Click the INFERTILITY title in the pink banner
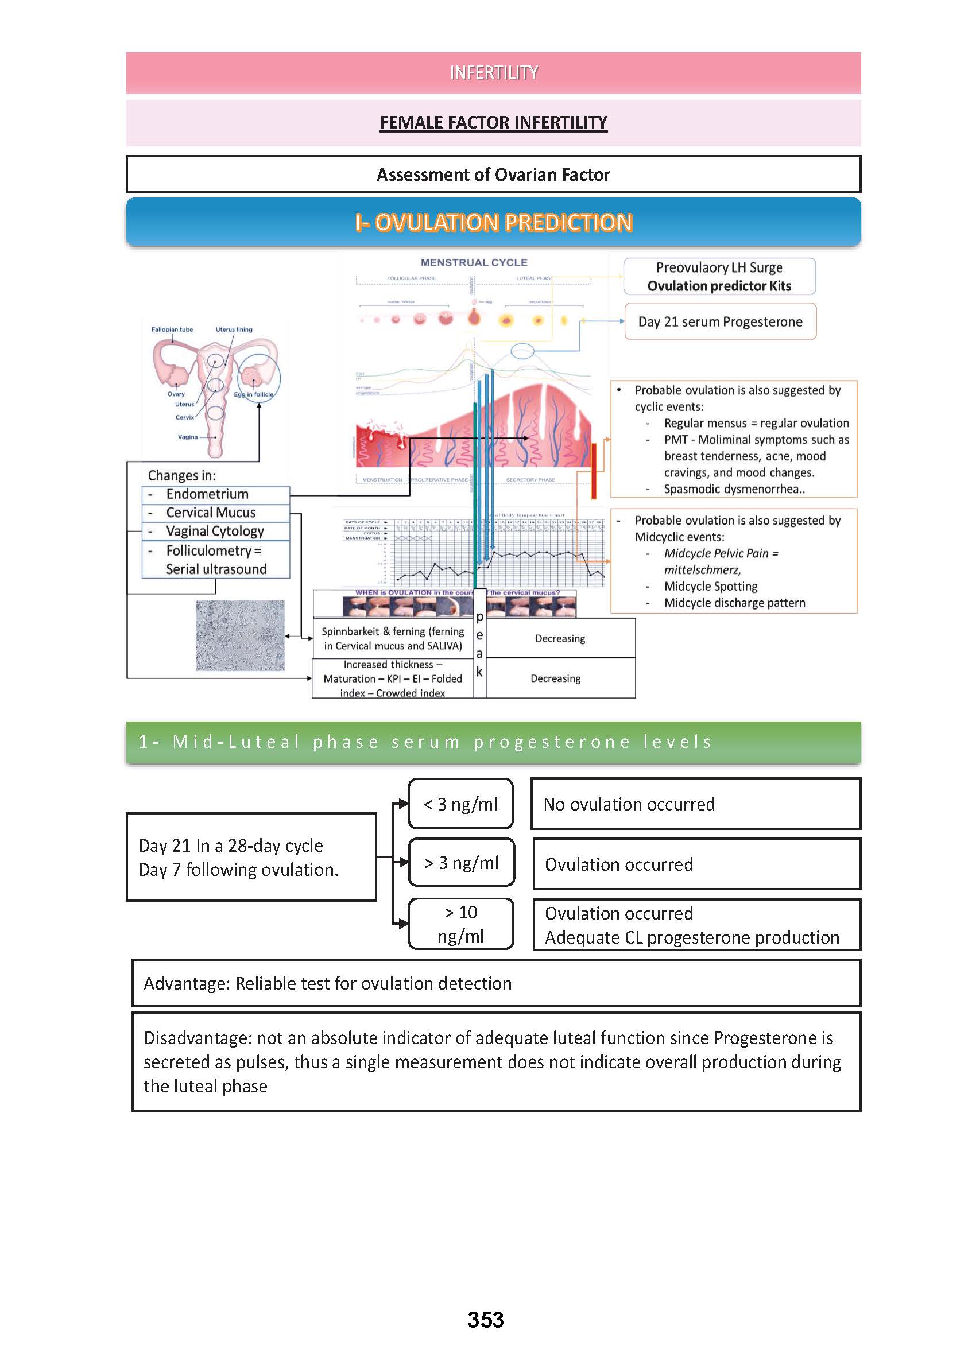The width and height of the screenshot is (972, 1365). tap(493, 73)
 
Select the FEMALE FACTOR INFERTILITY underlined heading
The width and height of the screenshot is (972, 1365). tap(493, 123)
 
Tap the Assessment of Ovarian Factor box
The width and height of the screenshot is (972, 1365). tap(493, 174)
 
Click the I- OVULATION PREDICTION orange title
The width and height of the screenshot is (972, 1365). tap(493, 223)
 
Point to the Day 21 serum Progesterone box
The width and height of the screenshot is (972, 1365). tap(720, 322)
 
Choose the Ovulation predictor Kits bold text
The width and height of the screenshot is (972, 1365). tap(719, 286)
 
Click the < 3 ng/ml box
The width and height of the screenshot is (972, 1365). tap(460, 804)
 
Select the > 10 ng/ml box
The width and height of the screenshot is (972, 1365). tap(460, 924)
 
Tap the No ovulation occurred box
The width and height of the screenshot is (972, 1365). tap(695, 804)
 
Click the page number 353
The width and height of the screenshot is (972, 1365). tap(485, 1320)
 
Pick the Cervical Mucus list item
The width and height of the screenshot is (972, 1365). tap(211, 513)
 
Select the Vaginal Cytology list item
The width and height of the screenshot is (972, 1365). tap(215, 532)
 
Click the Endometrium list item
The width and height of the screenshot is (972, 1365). tap(207, 494)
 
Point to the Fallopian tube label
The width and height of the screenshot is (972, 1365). tap(172, 329)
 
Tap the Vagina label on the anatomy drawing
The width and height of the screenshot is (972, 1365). tap(187, 437)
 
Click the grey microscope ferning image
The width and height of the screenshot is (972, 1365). tap(240, 635)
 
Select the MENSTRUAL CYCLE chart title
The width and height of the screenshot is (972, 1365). tap(474, 263)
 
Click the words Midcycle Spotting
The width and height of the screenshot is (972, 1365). tap(710, 587)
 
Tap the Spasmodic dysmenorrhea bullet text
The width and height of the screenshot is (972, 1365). tap(734, 489)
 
